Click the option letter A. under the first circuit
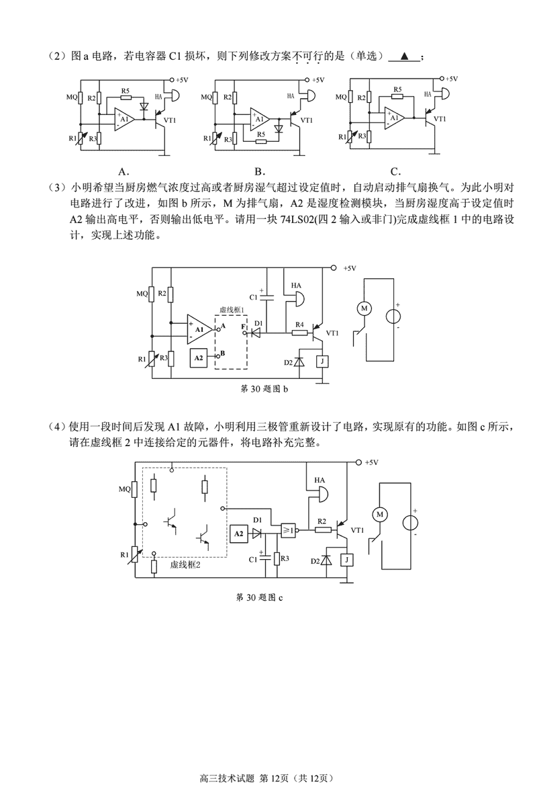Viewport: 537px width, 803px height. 123,171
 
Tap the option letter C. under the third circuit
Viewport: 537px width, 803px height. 396,171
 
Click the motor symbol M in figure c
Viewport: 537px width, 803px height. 381,514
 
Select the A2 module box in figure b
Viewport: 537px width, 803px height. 199,358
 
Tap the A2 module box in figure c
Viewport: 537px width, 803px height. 238,534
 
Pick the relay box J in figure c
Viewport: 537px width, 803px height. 346,560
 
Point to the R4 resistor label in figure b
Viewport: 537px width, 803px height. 299,324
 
